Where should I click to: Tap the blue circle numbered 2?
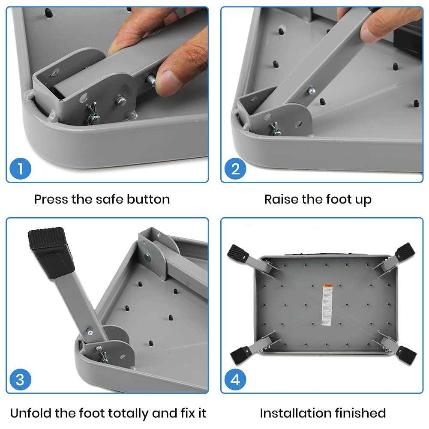tap(235, 169)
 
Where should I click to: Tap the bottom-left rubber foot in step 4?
tap(240, 354)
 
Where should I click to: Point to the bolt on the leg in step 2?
tap(312, 90)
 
